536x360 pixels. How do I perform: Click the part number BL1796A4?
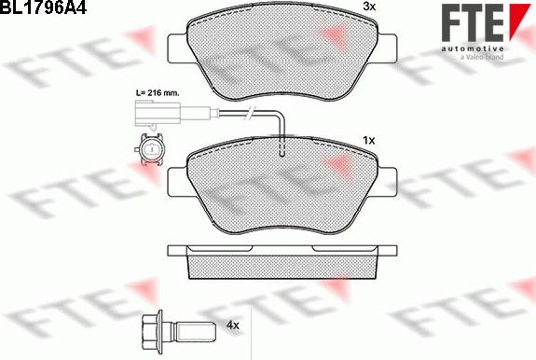click(x=43, y=7)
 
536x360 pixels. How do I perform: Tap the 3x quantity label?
click(x=368, y=7)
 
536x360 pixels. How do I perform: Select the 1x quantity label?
click(x=368, y=140)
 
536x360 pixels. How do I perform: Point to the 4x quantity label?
click(x=232, y=325)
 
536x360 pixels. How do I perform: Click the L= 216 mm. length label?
click(x=158, y=92)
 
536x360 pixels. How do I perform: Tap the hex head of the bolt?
click(x=152, y=325)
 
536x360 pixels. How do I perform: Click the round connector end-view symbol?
click(x=150, y=149)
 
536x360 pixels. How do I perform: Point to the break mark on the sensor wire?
click(x=251, y=113)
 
